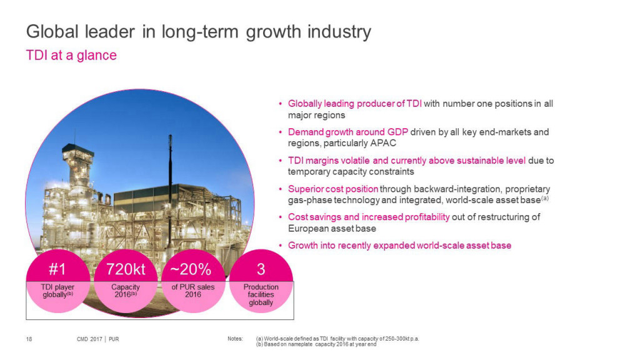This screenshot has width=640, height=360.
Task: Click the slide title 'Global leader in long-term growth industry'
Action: [197, 31]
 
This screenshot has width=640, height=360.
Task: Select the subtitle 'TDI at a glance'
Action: [71, 55]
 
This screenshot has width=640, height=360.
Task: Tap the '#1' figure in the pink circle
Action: [57, 269]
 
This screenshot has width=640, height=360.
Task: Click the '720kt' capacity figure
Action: [126, 269]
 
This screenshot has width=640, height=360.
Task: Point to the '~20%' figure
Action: [193, 269]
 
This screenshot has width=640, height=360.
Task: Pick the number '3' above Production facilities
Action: [261, 269]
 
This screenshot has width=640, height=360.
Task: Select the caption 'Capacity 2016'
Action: [126, 291]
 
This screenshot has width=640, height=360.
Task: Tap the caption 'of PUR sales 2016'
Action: [193, 291]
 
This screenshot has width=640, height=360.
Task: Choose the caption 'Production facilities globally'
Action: [261, 294]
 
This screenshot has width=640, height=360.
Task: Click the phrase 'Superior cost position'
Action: [332, 189]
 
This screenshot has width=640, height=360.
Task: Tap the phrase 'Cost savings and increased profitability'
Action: [369, 217]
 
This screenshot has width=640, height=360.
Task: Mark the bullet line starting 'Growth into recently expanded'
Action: [399, 246]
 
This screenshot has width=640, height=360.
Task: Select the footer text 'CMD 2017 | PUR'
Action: [93, 339]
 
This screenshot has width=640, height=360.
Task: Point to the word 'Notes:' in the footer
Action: [235, 339]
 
